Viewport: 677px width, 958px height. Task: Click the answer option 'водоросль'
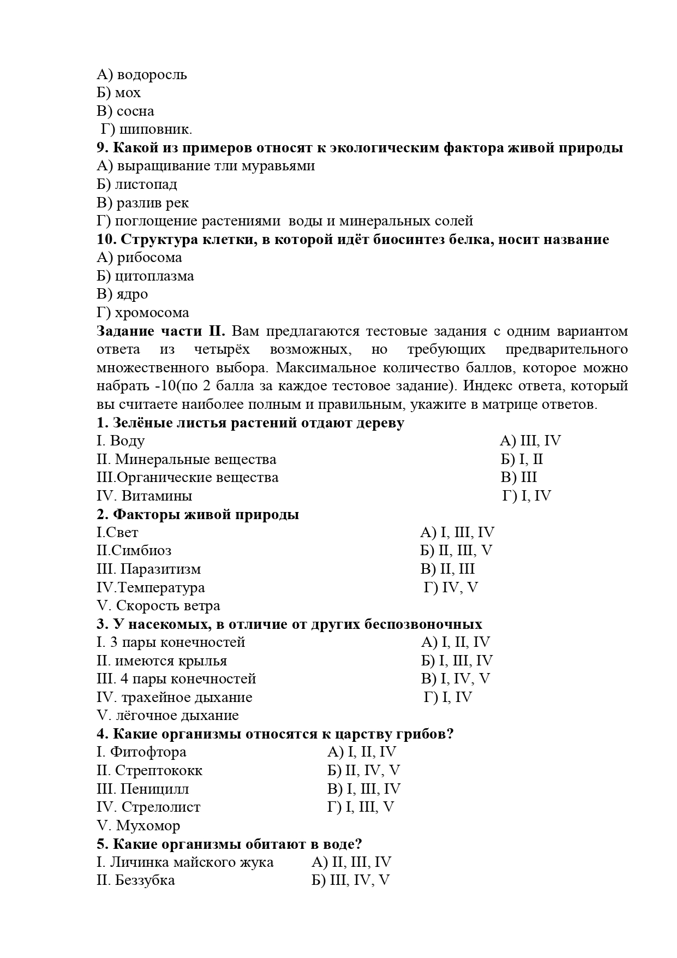pos(152,75)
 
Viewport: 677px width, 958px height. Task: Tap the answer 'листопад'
pos(146,185)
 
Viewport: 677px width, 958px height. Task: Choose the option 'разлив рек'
pos(153,203)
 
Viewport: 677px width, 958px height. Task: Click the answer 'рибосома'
pos(149,258)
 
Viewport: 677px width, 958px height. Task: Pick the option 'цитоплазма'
pos(154,276)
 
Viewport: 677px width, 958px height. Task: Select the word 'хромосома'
pos(152,313)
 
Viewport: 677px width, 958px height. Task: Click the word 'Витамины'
pos(157,496)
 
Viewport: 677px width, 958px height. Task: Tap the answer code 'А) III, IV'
pos(530,441)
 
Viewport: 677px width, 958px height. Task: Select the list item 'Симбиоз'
pos(141,551)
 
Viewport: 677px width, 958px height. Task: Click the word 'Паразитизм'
pos(160,569)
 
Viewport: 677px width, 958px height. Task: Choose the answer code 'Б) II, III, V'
pos(456,551)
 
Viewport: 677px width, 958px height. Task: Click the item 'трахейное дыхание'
pos(187,698)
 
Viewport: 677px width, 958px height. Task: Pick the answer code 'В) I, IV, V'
pos(456,679)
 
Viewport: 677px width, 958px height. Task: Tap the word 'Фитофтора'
pos(148,752)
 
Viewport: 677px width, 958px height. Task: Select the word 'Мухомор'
pos(148,826)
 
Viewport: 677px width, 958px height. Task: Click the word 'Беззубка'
pos(145,880)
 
